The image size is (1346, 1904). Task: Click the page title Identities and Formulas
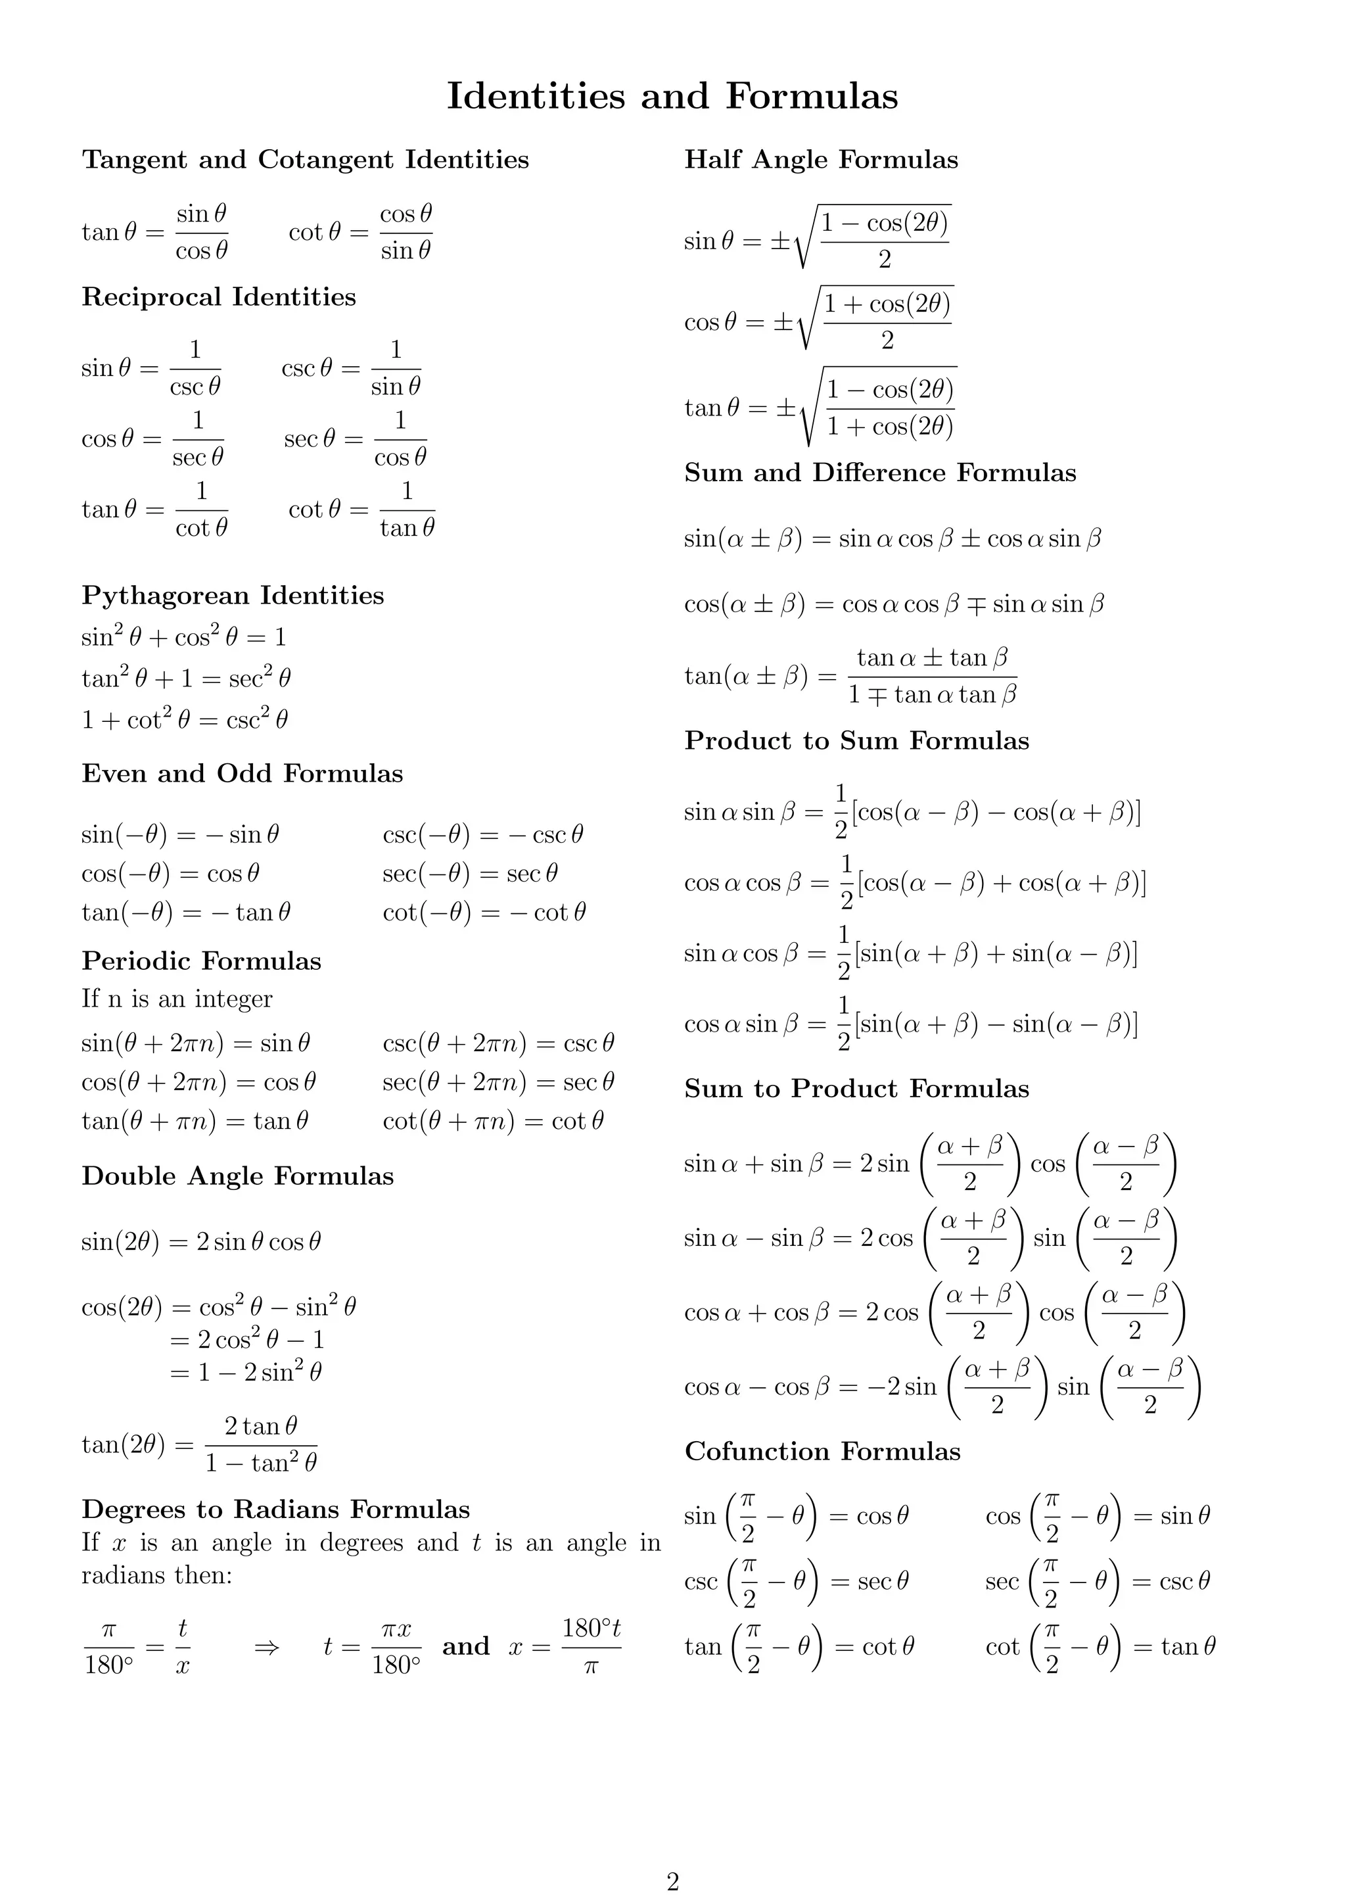[672, 96]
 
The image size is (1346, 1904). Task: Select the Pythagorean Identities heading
[233, 596]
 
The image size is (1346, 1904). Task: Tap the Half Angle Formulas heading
[820, 159]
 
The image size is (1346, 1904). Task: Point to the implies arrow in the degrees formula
[267, 1647]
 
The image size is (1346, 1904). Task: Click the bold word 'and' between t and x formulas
[466, 1646]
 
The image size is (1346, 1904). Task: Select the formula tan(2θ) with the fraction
[199, 1445]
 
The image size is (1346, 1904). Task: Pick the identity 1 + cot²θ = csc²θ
[185, 719]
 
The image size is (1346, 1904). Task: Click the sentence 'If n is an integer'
[177, 999]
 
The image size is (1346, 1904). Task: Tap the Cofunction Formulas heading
[822, 1451]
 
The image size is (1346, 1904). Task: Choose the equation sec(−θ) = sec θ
[470, 873]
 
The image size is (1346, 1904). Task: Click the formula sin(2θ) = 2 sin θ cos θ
[200, 1241]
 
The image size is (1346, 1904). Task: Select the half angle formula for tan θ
[820, 407]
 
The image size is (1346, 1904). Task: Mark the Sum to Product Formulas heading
[856, 1089]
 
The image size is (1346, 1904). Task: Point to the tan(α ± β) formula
[850, 677]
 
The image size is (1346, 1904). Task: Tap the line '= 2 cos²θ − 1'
[247, 1339]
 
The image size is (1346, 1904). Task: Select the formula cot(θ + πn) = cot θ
[493, 1121]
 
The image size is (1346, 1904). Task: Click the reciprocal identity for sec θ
[356, 439]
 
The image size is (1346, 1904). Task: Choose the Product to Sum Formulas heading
[856, 740]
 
